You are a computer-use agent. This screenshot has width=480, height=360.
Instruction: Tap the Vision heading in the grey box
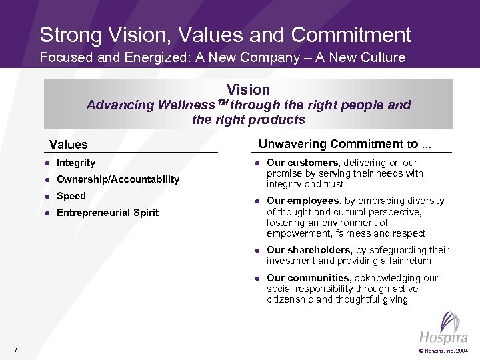248,89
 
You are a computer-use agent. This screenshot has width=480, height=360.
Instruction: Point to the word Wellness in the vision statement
187,105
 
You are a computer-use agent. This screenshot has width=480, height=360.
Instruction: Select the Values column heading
68,144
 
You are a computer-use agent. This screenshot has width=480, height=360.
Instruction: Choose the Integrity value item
76,163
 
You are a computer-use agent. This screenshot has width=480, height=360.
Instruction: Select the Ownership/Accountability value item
118,179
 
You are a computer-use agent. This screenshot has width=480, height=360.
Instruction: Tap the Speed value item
71,196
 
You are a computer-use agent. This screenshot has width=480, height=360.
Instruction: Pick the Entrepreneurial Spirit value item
108,213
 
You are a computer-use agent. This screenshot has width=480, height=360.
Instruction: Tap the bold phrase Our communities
309,278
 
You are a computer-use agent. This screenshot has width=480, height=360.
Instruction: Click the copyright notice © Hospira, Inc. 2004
443,350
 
